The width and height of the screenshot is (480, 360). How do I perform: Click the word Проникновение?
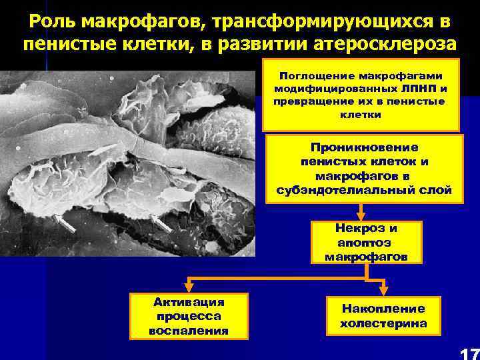pos(363,147)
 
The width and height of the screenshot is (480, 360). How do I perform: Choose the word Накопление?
pos(383,309)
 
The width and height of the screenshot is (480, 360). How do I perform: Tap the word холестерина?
pos(383,323)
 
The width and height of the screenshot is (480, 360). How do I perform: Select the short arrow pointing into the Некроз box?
pos(360,213)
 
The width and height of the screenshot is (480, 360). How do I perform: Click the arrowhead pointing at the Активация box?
pos(189,287)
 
